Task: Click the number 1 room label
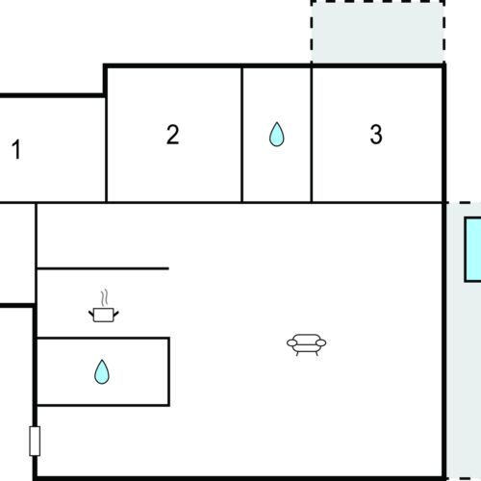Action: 15,150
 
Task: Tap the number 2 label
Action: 172,135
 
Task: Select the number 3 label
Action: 376,135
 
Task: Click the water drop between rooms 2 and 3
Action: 277,135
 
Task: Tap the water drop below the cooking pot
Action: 101,371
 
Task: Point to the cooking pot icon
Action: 102,313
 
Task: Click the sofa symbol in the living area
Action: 307,343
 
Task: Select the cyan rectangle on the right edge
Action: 473,250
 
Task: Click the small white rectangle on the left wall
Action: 36,442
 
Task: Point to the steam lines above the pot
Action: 105,295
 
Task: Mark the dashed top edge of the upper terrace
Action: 377,2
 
